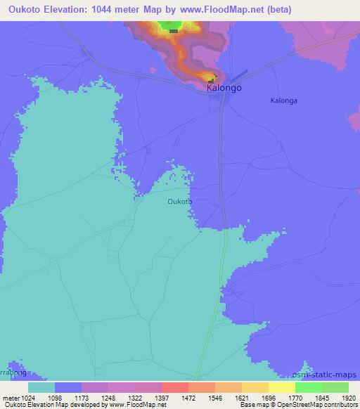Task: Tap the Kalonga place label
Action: click(283, 100)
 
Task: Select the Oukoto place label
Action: click(180, 202)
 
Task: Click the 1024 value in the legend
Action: click(27, 397)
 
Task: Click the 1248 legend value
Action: click(108, 397)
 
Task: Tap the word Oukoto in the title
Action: click(23, 10)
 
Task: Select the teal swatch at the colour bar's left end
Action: click(41, 387)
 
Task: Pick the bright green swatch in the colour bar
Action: click(308, 387)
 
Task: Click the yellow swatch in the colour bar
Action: click(281, 387)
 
